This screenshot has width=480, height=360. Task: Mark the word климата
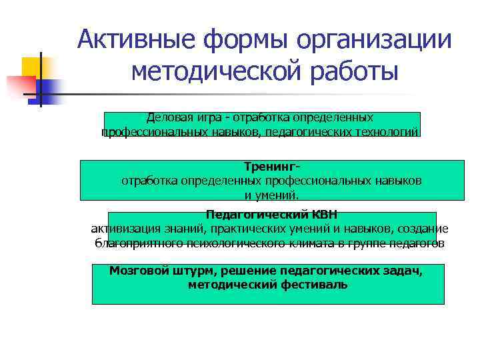[313, 243]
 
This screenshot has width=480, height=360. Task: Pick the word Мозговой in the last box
[136, 271]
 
